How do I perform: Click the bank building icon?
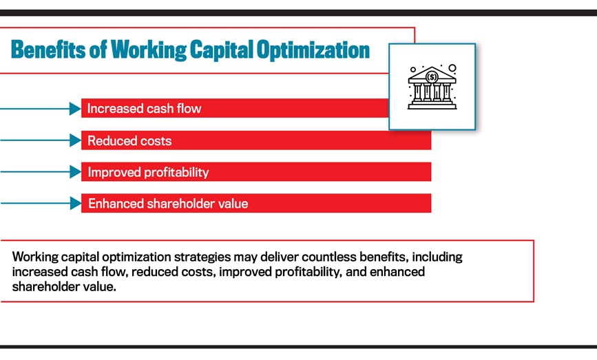click(432, 87)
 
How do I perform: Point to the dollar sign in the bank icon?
click(432, 76)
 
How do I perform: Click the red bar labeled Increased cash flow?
click(234, 109)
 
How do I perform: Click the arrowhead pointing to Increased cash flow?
click(75, 109)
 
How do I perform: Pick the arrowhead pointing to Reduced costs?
click(75, 140)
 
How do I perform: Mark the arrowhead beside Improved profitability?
click(75, 172)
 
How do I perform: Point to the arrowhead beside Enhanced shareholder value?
click(75, 204)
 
